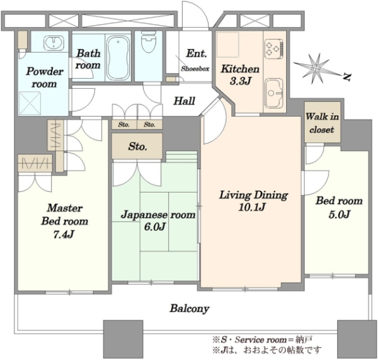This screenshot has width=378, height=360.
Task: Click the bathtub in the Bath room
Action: click(118, 58)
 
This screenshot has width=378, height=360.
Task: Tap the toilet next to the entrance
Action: click(148, 42)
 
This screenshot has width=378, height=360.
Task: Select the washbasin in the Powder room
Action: click(54, 42)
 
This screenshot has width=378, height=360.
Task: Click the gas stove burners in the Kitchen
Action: click(274, 49)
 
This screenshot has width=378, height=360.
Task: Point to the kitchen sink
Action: click(274, 93)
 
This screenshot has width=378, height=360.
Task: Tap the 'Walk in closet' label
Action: click(322, 123)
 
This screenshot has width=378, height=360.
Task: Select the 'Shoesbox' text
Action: click(195, 69)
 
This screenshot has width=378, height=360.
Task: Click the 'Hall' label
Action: click(184, 101)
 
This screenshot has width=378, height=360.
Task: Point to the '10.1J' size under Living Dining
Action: click(252, 207)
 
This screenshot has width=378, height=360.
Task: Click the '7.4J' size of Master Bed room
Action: click(64, 234)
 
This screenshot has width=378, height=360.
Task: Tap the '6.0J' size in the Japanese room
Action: click(154, 227)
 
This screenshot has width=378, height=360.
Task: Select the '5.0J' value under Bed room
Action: click(339, 214)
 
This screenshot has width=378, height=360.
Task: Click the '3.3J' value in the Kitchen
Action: click(241, 81)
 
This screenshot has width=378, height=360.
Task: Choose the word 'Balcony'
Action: click(190, 308)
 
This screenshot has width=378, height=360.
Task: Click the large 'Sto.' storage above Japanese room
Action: click(137, 146)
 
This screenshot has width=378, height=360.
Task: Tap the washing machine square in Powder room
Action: click(30, 103)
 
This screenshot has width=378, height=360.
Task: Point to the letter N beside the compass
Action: click(346, 77)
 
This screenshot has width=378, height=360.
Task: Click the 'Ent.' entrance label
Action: click(197, 53)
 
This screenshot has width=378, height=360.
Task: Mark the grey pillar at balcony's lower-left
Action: click(123, 339)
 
